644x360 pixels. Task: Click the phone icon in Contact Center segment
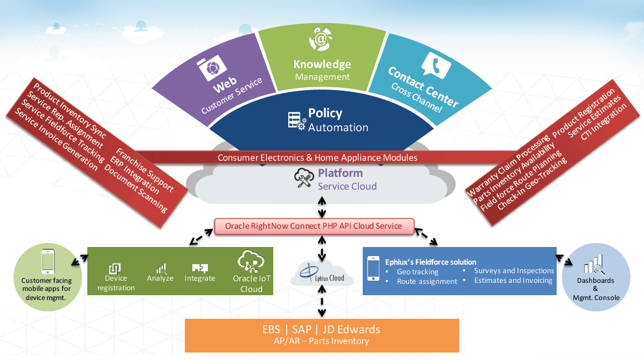coord(433,65)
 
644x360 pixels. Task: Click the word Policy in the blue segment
coord(325,113)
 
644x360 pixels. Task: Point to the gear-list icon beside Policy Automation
coord(297,121)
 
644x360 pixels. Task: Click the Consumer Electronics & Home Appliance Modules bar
coord(317,157)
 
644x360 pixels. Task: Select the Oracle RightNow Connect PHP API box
coord(313,226)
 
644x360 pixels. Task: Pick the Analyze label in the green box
coord(160,278)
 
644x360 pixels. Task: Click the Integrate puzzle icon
coord(200,268)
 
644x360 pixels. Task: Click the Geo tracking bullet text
coord(417,272)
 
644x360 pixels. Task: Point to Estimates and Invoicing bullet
coord(513,280)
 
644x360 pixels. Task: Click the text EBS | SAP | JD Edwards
coord(321,329)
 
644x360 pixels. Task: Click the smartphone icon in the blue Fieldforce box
coord(374,269)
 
